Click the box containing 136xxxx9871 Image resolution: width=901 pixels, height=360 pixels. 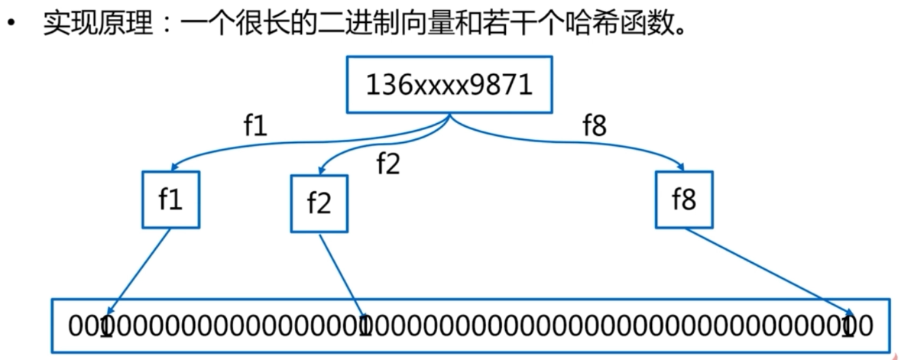click(449, 84)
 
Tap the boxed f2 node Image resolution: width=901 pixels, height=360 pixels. click(319, 203)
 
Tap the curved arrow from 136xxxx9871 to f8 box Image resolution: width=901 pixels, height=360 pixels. click(581, 141)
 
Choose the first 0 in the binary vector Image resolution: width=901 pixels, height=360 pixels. click(73, 325)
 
